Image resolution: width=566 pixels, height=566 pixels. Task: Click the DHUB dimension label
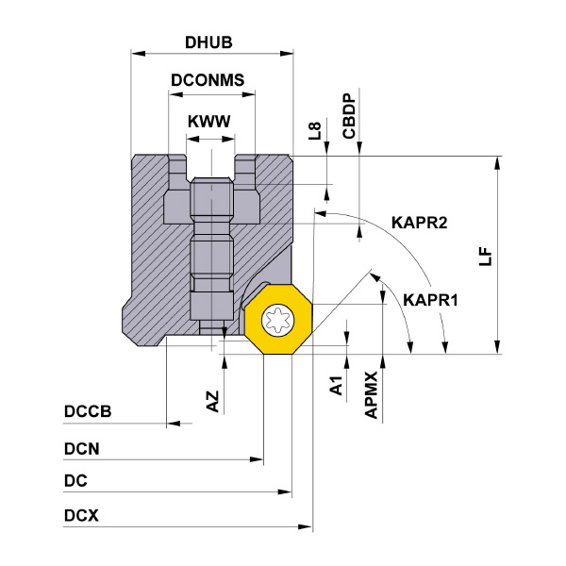[208, 42]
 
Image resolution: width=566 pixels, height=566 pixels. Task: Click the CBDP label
[348, 116]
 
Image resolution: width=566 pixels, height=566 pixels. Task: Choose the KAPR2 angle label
[418, 224]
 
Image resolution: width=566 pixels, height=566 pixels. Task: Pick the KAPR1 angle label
[430, 301]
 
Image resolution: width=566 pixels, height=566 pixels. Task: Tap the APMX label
[372, 394]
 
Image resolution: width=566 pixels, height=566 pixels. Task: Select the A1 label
[334, 385]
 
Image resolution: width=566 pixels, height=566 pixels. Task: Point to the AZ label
[213, 400]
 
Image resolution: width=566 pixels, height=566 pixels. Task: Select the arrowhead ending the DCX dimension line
[306, 525]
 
